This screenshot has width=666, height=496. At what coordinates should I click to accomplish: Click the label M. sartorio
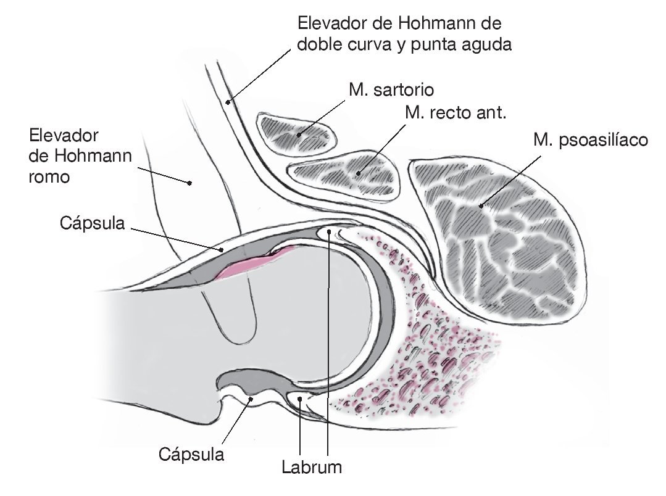click(391, 89)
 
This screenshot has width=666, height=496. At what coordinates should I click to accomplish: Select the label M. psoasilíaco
click(591, 141)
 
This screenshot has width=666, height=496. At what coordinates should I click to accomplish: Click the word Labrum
click(312, 466)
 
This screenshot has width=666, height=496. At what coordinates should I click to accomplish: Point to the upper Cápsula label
click(93, 223)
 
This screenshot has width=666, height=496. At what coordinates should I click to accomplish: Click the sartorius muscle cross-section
click(298, 131)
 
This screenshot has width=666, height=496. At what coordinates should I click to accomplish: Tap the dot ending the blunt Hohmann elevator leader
click(190, 183)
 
